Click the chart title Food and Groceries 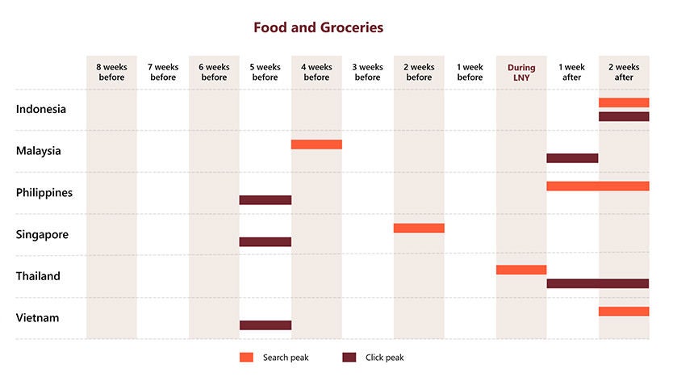(x=318, y=27)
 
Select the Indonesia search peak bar (x=624, y=103)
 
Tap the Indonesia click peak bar (x=624, y=116)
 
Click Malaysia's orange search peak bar (x=316, y=145)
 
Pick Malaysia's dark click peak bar (x=572, y=158)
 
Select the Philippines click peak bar (x=265, y=200)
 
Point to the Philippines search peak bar (x=598, y=186)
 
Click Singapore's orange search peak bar (x=419, y=228)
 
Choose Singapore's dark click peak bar (x=265, y=242)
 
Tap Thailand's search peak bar (x=521, y=270)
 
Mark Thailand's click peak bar (x=598, y=283)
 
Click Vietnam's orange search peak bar (x=624, y=312)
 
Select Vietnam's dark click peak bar (x=265, y=325)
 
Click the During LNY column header (x=521, y=73)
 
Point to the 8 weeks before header (x=112, y=73)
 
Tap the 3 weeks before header (x=368, y=73)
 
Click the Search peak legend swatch (x=247, y=357)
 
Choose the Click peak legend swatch (x=349, y=357)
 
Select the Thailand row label (x=38, y=276)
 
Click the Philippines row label (x=44, y=193)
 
